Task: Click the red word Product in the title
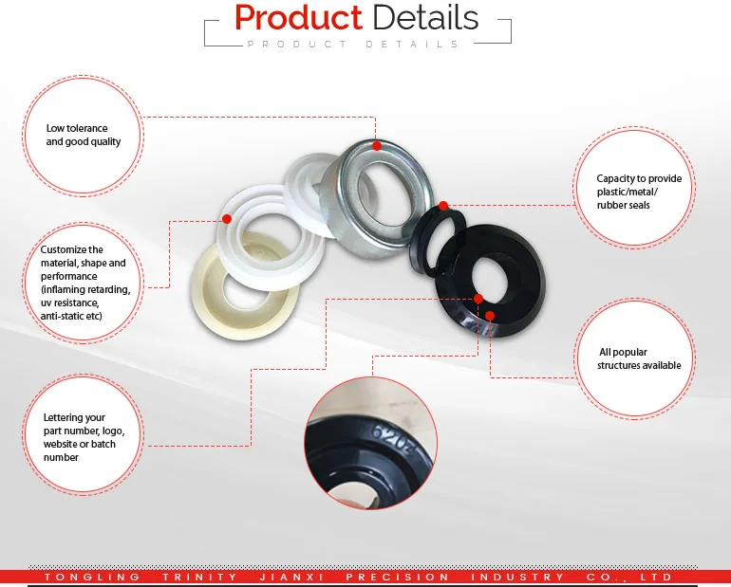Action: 297,18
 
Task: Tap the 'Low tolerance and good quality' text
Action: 78,135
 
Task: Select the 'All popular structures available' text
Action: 639,358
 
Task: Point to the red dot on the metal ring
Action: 377,146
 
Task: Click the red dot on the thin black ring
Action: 442,205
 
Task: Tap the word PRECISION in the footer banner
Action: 397,577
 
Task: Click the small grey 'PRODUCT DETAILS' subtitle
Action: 352,45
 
